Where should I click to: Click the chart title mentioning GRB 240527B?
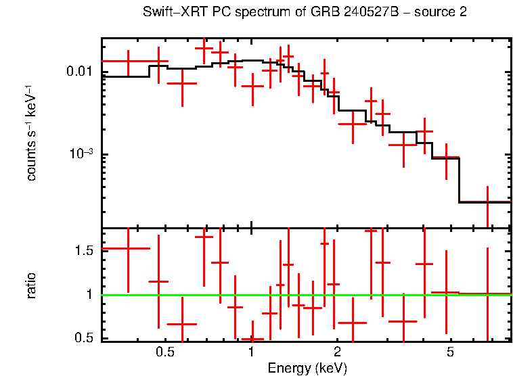click(305, 13)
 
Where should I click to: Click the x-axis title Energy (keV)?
click(307, 368)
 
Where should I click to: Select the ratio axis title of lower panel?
click(31, 285)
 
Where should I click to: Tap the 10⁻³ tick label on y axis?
click(82, 153)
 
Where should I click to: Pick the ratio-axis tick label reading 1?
click(90, 295)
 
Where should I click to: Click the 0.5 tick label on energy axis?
click(165, 352)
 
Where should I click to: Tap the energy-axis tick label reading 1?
click(251, 352)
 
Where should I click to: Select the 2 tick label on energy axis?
click(337, 352)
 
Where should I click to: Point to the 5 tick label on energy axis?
click(451, 352)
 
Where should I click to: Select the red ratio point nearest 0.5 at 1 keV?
click(252, 338)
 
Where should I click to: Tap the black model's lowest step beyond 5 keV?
click(485, 202)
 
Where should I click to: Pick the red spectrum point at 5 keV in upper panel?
click(446, 158)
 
